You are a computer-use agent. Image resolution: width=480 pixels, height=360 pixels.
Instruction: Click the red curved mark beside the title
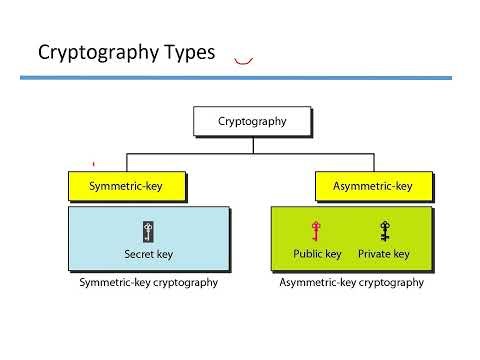click(x=242, y=62)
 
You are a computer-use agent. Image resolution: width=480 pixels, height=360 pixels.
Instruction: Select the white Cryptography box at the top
click(x=252, y=122)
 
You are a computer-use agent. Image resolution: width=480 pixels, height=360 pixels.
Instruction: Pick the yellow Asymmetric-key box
click(x=376, y=186)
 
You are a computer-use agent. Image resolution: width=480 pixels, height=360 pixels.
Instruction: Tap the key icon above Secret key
click(x=148, y=231)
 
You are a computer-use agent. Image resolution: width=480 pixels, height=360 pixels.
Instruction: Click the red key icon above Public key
click(x=316, y=231)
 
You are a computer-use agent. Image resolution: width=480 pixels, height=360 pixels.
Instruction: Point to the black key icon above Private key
click(x=384, y=231)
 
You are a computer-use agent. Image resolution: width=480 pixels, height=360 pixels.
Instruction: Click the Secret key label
click(x=148, y=254)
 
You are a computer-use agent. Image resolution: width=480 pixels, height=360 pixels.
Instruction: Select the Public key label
click(x=317, y=254)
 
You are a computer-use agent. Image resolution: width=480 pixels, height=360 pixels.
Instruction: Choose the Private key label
click(x=384, y=254)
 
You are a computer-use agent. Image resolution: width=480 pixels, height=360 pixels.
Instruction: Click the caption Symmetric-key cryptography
click(x=148, y=283)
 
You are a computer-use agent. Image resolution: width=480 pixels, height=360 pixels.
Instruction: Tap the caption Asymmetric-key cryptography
click(x=350, y=283)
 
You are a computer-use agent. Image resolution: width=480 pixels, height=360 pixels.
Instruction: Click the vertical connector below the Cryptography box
click(x=252, y=144)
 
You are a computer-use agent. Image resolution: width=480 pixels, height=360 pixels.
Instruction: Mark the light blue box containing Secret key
click(x=100, y=240)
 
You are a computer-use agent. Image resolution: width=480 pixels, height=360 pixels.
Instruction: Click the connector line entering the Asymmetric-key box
click(x=376, y=163)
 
